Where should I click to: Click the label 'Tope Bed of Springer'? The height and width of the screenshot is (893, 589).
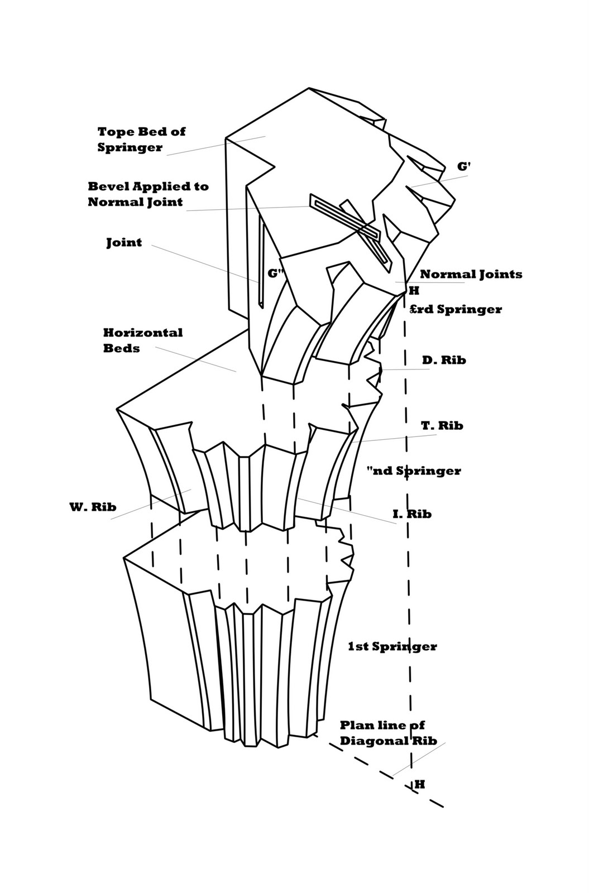tap(141, 140)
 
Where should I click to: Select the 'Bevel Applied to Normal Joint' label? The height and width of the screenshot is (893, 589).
tap(148, 194)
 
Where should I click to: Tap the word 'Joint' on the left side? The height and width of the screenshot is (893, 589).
tap(124, 243)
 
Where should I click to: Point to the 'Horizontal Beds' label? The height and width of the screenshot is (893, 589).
tap(142, 340)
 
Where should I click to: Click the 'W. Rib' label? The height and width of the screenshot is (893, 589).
tap(93, 507)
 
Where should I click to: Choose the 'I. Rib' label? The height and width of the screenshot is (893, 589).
tap(412, 514)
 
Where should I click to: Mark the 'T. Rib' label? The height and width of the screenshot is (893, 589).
tap(442, 426)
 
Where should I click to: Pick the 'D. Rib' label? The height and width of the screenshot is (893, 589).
tap(444, 360)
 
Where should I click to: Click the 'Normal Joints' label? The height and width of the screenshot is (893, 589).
tap(471, 274)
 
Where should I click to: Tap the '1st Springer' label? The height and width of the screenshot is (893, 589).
tap(392, 646)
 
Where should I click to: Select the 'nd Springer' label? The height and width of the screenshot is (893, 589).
tap(414, 470)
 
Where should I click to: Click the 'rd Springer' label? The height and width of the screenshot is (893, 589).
tap(456, 309)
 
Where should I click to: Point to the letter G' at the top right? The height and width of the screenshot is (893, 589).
tap(464, 166)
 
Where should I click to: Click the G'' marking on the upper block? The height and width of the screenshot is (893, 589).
tap(276, 273)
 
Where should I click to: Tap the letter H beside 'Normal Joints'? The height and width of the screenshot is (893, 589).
tap(414, 291)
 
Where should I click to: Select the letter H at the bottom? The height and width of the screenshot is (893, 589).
tap(420, 784)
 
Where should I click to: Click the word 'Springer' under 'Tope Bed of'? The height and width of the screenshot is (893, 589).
tap(130, 147)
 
